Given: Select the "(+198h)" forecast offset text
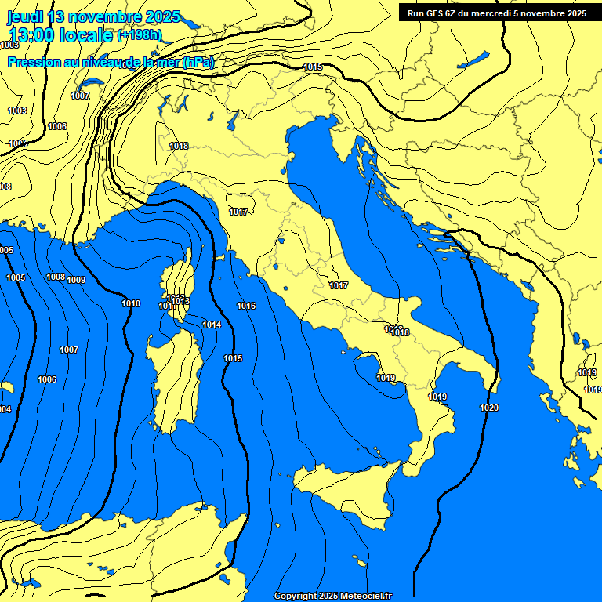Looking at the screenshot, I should (140, 35).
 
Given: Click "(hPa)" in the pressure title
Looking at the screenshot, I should (198, 63).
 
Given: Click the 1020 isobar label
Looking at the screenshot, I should (488, 408).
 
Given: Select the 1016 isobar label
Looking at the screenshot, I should (246, 306).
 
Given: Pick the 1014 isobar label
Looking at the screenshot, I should (212, 325).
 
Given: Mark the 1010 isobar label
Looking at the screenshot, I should (131, 303).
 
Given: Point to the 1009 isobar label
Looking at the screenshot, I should (76, 280).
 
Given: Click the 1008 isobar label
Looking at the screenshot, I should (56, 277).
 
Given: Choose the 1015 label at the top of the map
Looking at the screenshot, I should (313, 67).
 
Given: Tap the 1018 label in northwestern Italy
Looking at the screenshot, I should (179, 146).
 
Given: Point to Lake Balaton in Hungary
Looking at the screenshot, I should (473, 60).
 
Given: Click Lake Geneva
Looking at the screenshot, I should (92, 82).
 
